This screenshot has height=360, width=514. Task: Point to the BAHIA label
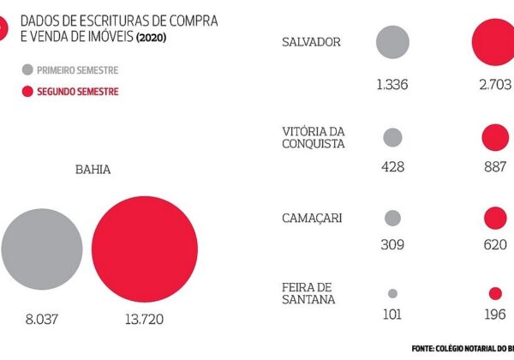(x=93, y=169)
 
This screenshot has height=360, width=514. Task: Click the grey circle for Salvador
(x=392, y=41)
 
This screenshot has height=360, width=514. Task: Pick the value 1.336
(x=392, y=84)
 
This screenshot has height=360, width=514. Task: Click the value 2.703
(x=495, y=84)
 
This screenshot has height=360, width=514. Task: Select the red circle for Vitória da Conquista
(x=495, y=137)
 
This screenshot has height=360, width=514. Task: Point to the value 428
(x=392, y=166)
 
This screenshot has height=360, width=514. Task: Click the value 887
(x=495, y=166)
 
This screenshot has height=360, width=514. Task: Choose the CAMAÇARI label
(x=312, y=218)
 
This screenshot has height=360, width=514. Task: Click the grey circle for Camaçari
(x=392, y=218)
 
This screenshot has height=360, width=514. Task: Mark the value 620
(x=495, y=245)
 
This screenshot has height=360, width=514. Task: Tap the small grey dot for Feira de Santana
(x=392, y=292)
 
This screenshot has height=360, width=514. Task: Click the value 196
(x=495, y=314)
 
